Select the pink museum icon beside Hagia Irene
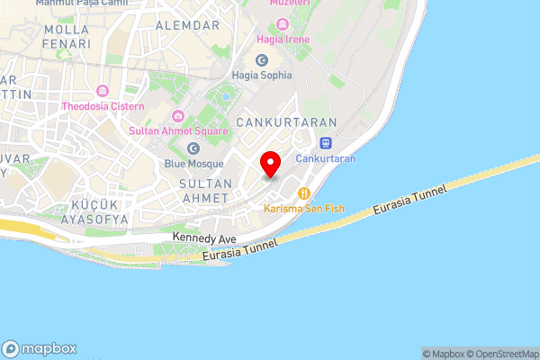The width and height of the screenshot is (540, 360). pos(283,23)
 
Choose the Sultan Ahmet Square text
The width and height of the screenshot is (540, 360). pos(178,130)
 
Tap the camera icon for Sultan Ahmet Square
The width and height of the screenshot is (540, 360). pos(178,115)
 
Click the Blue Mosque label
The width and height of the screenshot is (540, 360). pos(193,164)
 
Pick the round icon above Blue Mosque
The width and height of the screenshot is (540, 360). pos(193,148)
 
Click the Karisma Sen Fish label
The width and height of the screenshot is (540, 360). pos(304,208)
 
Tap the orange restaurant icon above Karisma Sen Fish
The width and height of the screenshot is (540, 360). pos(304,193)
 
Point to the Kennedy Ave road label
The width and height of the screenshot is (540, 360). pos(204,238)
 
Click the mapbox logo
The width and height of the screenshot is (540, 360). pos(40,349)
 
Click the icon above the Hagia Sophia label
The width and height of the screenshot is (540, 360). pos(262,59)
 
